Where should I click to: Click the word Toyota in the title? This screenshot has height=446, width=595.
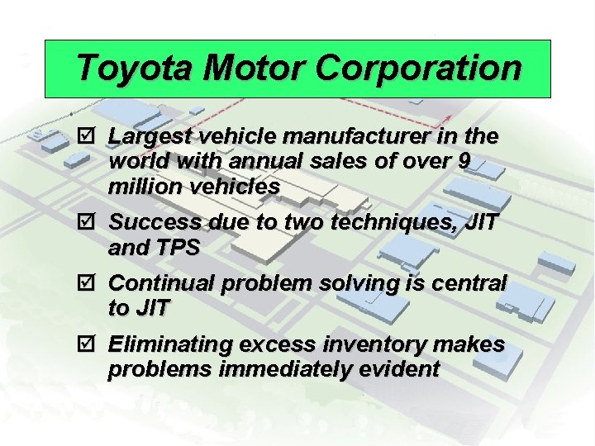pos(133,68)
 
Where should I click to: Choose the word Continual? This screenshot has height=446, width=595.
pos(159,283)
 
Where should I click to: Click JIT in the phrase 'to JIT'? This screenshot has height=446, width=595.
pos(152,309)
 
